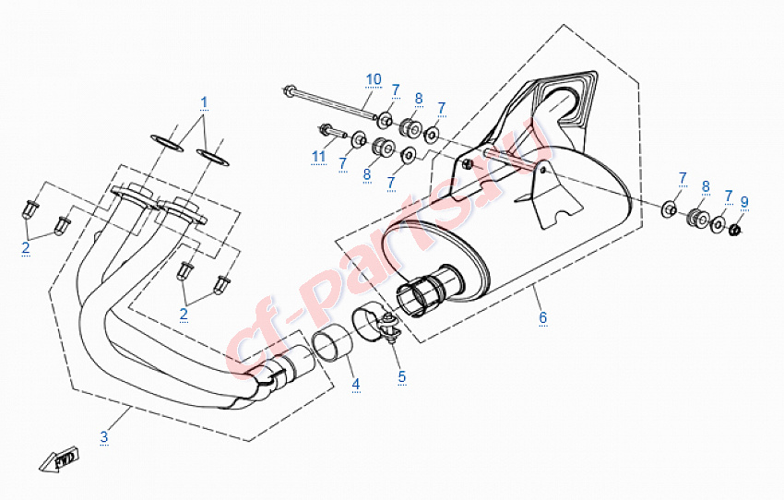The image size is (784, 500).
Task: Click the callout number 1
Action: pos(204,102)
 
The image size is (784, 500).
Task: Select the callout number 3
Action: pos(103,436)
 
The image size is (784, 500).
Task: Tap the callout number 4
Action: pos(355,384)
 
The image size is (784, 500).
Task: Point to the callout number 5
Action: pos(402,376)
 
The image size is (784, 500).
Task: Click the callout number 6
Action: pos(543,317)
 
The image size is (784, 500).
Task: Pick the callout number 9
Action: pos(744,202)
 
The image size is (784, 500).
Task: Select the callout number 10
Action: pos(374,79)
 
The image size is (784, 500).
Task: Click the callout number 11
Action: pos(319,157)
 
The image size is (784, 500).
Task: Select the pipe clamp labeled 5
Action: pos(376,325)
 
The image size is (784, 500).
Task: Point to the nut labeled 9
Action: pos(736,231)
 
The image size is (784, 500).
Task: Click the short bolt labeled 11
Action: pos(332,132)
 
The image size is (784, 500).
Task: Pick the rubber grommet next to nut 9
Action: pos(698,217)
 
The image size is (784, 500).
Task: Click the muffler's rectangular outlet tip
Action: pos(566,99)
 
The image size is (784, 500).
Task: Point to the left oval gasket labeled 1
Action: pos(167,143)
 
